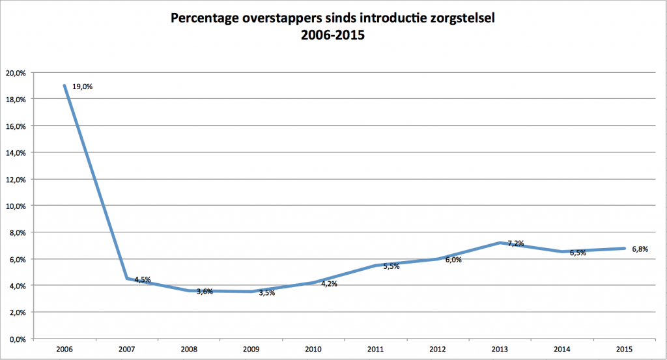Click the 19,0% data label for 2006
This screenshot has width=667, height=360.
point(83,86)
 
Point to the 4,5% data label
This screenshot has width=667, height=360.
point(143,280)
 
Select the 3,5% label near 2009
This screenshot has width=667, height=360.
point(266,293)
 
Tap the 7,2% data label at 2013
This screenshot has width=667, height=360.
point(517,243)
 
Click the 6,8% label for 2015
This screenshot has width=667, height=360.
point(641,249)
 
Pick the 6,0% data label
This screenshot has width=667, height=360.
point(453,260)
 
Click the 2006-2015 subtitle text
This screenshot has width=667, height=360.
point(332,36)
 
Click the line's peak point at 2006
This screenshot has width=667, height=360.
point(64,85)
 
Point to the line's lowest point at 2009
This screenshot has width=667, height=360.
point(250,292)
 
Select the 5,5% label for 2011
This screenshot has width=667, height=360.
point(391,266)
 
